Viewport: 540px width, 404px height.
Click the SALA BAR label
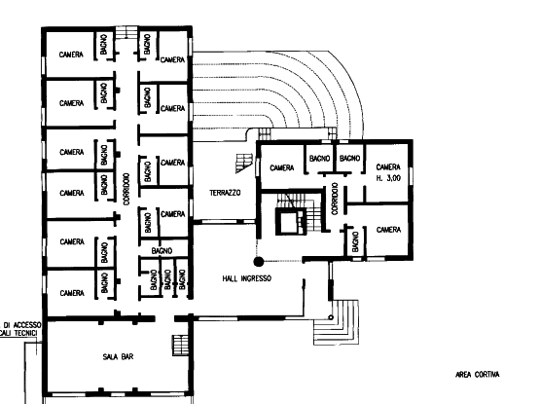pyautogui.click(x=118, y=356)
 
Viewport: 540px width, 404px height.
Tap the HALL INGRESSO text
pyautogui.click(x=247, y=278)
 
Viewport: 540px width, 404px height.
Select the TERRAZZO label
pyautogui.click(x=225, y=193)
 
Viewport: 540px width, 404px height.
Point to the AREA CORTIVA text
pyautogui.click(x=478, y=375)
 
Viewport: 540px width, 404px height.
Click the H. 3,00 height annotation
pyautogui.click(x=388, y=178)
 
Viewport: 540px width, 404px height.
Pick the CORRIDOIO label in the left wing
pyautogui.click(x=126, y=189)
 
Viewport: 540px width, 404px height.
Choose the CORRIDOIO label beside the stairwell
pyautogui.click(x=335, y=199)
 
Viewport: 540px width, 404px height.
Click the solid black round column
pyautogui.click(x=259, y=262)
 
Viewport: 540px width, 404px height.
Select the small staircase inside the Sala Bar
pyautogui.click(x=181, y=345)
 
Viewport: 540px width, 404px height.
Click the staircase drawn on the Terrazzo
pyautogui.click(x=244, y=163)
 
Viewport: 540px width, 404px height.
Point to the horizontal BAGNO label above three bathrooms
pyautogui.click(x=162, y=251)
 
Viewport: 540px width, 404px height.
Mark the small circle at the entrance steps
pyautogui.click(x=331, y=317)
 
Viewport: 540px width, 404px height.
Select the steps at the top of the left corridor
pyautogui.click(x=126, y=32)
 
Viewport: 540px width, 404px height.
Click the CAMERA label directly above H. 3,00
pyautogui.click(x=388, y=167)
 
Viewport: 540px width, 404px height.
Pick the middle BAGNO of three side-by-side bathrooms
pyautogui.click(x=167, y=279)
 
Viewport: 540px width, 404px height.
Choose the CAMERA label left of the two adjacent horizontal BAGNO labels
pyautogui.click(x=282, y=167)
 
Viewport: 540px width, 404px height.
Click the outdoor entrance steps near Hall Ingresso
pyautogui.click(x=336, y=322)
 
